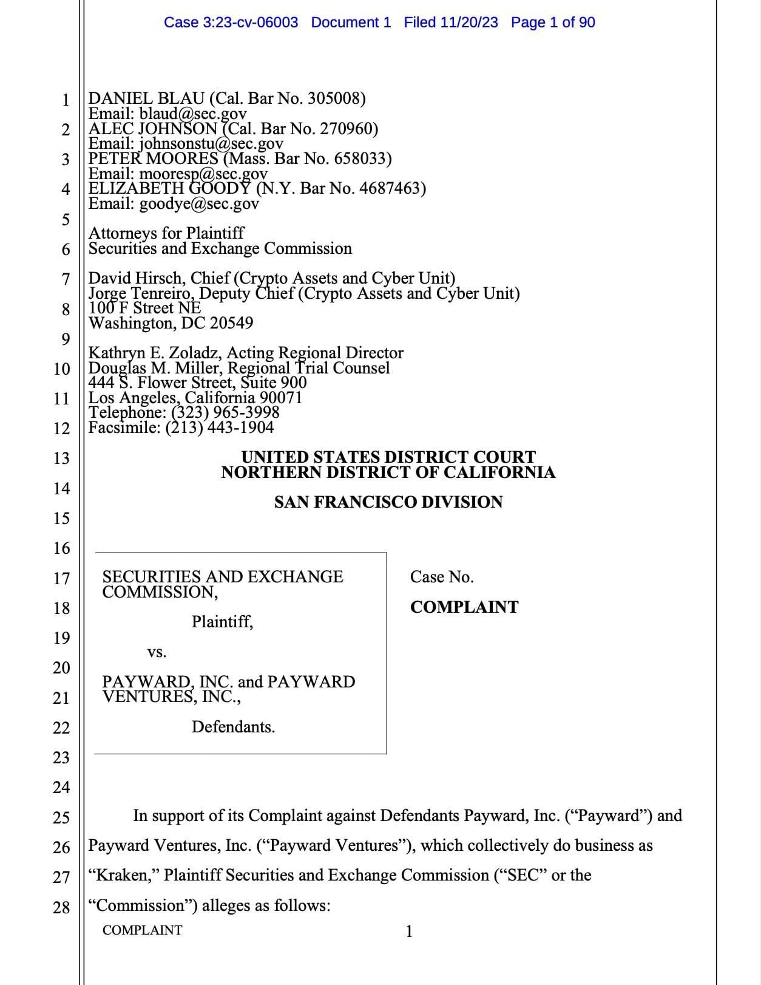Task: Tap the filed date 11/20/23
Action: pos(468,22)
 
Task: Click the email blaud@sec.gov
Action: pos(193,114)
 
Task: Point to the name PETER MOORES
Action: pos(154,158)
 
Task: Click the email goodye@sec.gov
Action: pos(199,203)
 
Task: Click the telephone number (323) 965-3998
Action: pos(226,412)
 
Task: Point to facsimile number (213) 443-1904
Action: pos(220,428)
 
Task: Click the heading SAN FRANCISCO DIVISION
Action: pos(388,502)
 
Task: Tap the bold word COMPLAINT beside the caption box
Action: pos(464,607)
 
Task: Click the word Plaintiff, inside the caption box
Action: pos(222,622)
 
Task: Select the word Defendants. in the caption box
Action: pos(233,727)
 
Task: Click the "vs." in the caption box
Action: pos(157,652)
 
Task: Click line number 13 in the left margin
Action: pos(61,458)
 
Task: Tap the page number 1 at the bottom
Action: pos(409,931)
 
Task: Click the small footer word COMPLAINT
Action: pos(142,930)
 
